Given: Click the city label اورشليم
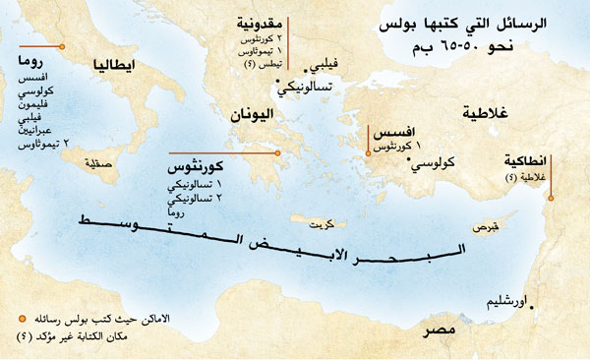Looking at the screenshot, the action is (501, 301).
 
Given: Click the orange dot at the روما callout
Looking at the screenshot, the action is (64, 46).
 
